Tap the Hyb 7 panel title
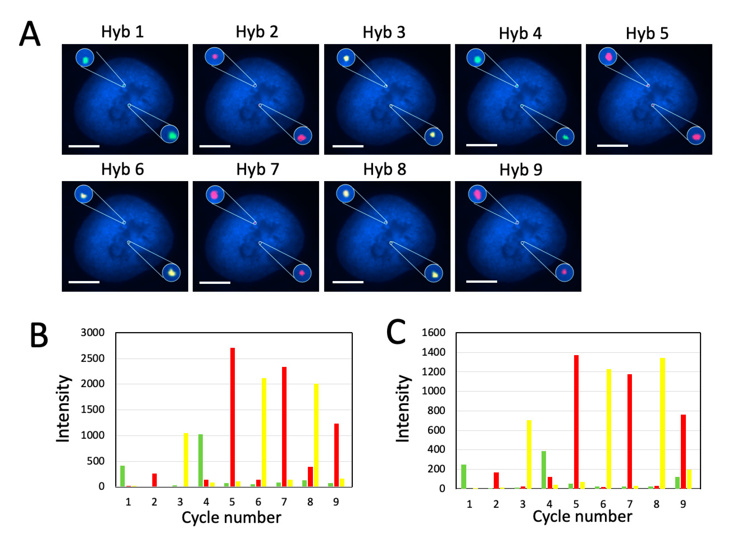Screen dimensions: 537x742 (x=258, y=170)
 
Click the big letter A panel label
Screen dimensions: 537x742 (x=30, y=34)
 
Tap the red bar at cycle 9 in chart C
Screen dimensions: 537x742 (x=683, y=451)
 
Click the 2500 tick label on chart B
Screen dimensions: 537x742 (x=93, y=359)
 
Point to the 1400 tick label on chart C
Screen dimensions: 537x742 (x=433, y=352)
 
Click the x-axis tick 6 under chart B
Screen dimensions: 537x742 (x=258, y=502)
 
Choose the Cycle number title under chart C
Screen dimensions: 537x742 (x=582, y=517)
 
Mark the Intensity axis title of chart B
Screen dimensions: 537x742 (x=63, y=409)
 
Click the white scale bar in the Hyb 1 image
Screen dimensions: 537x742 (x=84, y=146)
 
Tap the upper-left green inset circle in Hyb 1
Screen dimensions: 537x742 (x=85, y=58)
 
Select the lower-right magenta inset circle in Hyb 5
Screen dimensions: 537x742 (x=696, y=136)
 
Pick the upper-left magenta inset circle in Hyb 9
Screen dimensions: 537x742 (x=477, y=194)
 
